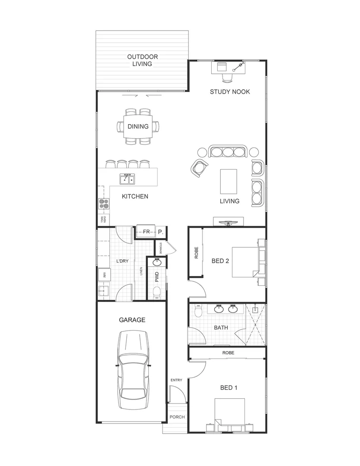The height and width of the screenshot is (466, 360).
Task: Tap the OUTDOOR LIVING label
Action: pyautogui.click(x=142, y=60)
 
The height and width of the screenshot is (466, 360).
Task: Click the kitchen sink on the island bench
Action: pyautogui.click(x=127, y=179)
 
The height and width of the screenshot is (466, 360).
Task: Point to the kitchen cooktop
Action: pyautogui.click(x=103, y=204)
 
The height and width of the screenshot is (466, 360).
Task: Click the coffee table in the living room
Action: pyautogui.click(x=229, y=182)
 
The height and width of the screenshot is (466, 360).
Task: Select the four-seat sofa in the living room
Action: pyautogui.click(x=228, y=151)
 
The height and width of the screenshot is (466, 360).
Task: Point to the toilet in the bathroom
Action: pyautogui.click(x=198, y=311)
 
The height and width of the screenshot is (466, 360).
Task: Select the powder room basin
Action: pyautogui.click(x=157, y=262)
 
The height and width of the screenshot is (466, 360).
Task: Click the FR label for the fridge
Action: pyautogui.click(x=147, y=232)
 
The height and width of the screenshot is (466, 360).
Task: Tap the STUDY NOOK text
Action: pyautogui.click(x=230, y=91)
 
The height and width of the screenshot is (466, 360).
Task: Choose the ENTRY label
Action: pyautogui.click(x=176, y=380)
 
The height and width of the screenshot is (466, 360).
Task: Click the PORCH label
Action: pyautogui.click(x=177, y=417)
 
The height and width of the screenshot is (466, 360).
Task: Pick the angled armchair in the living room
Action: pyautogui.click(x=199, y=168)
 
